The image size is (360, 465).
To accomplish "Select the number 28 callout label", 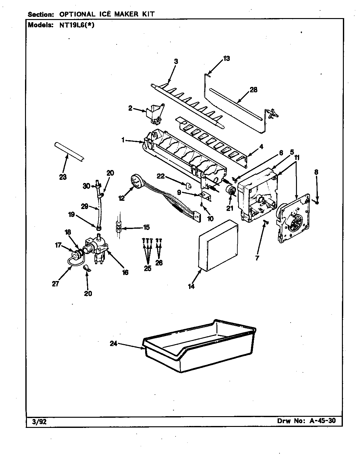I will pos(254,90).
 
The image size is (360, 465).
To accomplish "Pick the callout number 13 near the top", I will pos(226,58).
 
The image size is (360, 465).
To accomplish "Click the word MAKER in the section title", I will pos(121,14).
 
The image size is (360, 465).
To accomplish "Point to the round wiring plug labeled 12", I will pos(136,183).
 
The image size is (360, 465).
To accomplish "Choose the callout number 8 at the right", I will pos(316,172).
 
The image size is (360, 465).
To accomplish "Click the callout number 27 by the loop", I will pos(55,284).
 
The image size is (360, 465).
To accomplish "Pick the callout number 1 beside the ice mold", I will pos(123,141).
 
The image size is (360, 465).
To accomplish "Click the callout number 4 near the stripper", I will pos(261,147).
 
